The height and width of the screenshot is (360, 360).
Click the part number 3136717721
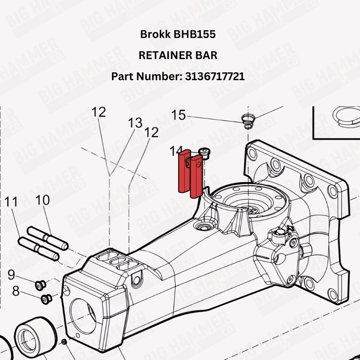point(215,76)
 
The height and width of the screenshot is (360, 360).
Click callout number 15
point(178,115)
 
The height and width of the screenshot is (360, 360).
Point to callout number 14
point(175,151)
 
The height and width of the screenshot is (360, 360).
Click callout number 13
point(135,123)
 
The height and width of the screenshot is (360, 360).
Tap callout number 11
point(12,202)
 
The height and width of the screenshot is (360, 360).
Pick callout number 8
point(16,291)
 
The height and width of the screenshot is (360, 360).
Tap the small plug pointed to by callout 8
point(45,298)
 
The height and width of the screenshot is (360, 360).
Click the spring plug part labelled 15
point(248,120)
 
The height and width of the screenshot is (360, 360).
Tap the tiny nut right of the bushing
point(65,342)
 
